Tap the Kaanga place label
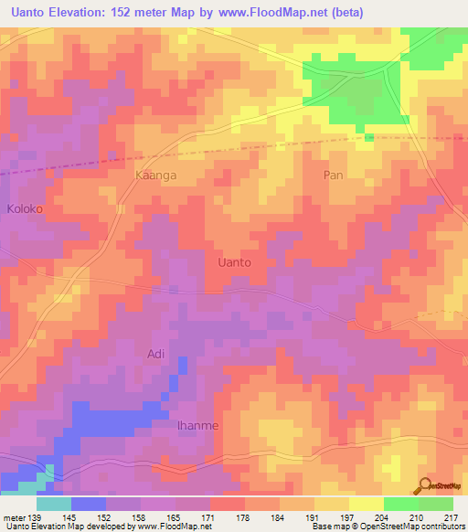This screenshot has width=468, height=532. tap(154, 174)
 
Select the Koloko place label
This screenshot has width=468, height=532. tap(25, 208)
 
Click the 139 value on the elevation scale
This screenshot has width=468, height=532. tap(35, 517)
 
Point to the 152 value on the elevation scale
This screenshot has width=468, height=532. tap(104, 517)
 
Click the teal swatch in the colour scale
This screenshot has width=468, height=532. tap(54, 504)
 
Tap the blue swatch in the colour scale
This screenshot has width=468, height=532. tap(89, 504)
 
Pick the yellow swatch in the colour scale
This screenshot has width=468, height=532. tap(367, 504)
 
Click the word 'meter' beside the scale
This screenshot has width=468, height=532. tap(14, 517)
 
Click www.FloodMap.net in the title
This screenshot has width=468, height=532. tap(277, 13)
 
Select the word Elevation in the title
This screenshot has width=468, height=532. tap(80, 13)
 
